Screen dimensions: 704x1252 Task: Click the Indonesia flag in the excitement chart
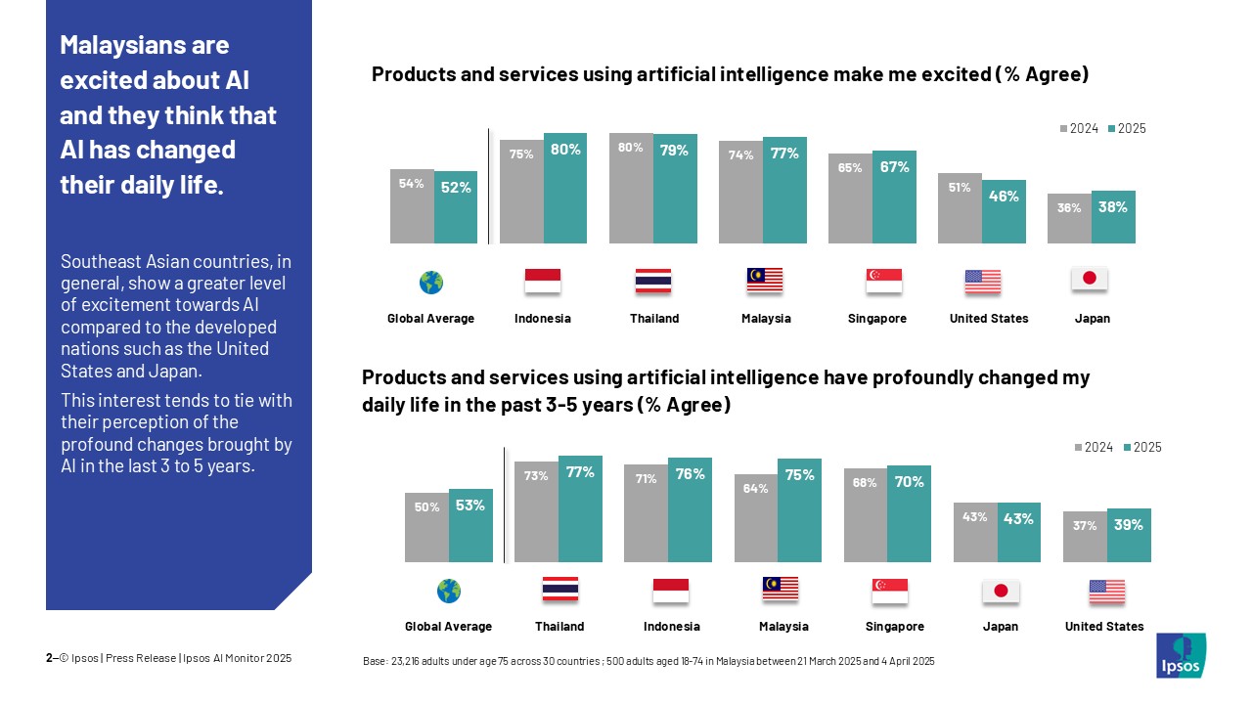(x=543, y=281)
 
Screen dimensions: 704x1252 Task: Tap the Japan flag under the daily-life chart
(x=1001, y=591)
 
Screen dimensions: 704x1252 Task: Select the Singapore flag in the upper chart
(x=884, y=281)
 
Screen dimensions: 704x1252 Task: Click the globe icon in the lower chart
(x=449, y=591)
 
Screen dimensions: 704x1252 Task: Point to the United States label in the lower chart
(x=1104, y=627)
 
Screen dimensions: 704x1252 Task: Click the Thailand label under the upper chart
(x=654, y=319)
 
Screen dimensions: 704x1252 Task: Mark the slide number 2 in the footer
(x=49, y=658)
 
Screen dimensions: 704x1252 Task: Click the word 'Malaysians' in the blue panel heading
(x=144, y=45)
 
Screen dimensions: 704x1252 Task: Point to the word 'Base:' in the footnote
(x=375, y=662)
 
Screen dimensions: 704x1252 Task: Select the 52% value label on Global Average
(x=456, y=188)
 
